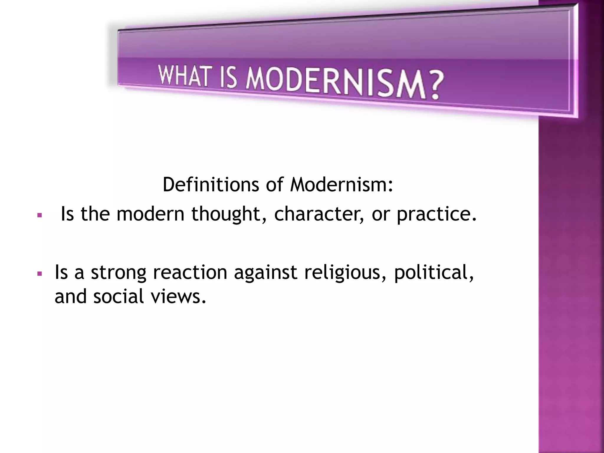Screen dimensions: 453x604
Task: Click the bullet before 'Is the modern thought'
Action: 39,216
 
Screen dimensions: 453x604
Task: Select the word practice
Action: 436,214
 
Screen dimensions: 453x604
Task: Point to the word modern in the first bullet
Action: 150,214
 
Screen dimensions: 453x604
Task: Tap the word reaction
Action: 190,272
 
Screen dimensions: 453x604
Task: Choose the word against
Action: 265,273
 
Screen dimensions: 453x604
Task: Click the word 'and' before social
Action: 70,296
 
